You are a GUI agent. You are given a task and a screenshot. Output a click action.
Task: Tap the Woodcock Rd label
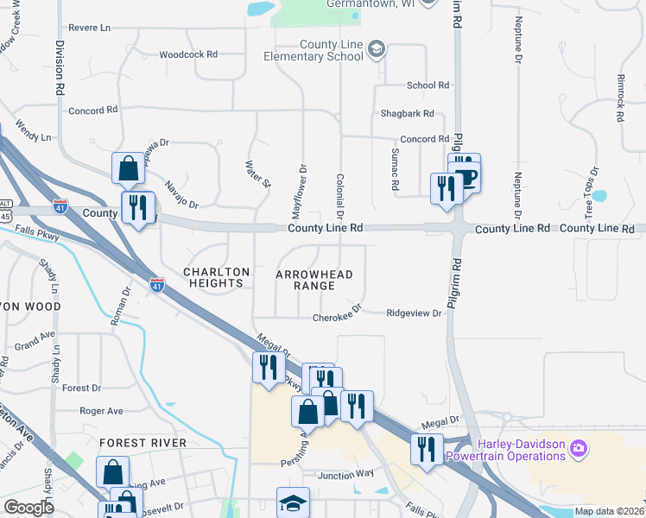pos(188,54)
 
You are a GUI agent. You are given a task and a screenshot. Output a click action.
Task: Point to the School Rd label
pos(428,85)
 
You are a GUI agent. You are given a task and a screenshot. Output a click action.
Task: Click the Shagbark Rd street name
pos(407,113)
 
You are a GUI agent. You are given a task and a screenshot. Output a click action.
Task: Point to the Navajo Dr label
pos(181,193)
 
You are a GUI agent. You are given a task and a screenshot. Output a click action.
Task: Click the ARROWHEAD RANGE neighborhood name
pos(314,280)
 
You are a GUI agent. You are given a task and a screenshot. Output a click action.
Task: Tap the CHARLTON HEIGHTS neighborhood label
pos(216,277)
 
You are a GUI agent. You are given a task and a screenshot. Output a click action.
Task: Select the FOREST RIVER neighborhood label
pos(142,443)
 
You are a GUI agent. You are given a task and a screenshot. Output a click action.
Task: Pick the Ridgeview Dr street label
pos(414,313)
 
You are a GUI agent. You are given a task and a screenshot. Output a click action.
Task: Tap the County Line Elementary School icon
pos(377,49)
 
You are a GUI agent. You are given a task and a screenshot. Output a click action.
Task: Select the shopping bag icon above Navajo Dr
pos(128,168)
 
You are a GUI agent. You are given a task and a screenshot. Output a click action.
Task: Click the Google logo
pos(28,508)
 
